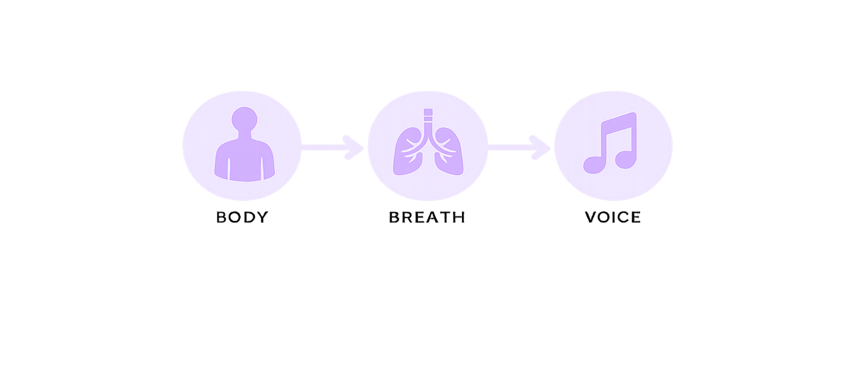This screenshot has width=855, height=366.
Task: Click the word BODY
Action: [242, 217]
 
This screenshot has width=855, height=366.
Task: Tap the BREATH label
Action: [427, 217]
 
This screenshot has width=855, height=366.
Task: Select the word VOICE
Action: [613, 217]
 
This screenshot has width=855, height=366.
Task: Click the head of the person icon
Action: [244, 119]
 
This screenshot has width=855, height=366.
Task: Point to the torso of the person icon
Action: [244, 160]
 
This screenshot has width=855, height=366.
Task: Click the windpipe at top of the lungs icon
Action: [428, 118]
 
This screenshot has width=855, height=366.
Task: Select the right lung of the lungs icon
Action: [449, 152]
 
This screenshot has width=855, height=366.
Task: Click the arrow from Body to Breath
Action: [332, 147]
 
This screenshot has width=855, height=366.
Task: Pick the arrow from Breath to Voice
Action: [519, 147]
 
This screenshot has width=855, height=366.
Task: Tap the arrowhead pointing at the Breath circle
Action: [353, 147]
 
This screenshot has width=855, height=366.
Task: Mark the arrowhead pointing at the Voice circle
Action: [540, 147]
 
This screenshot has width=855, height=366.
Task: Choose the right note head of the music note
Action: [626, 160]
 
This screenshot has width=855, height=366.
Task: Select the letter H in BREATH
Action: [459, 217]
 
